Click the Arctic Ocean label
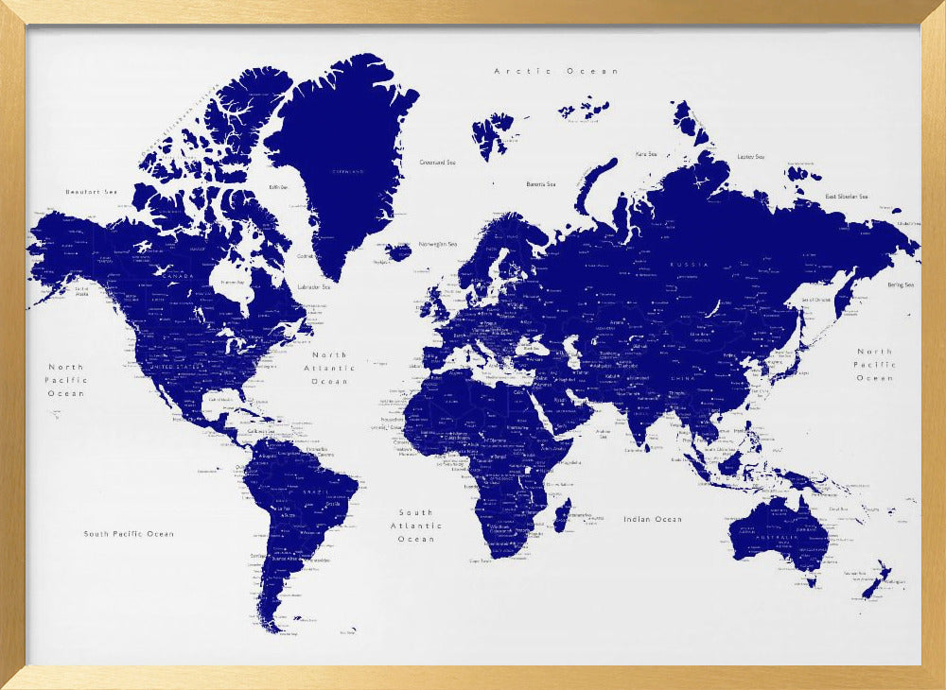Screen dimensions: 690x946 click(x=556, y=71)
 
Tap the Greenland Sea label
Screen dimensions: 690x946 click(x=437, y=163)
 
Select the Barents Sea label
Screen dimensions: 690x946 click(x=541, y=184)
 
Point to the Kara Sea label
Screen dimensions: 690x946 click(x=646, y=153)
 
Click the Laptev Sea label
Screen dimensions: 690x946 click(x=751, y=157)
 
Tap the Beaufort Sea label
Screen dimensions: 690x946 click(x=91, y=192)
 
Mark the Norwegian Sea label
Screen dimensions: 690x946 click(x=438, y=245)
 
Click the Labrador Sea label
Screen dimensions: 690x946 click(x=313, y=286)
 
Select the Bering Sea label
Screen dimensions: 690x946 click(x=901, y=285)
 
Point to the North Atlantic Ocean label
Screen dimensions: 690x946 click(x=330, y=368)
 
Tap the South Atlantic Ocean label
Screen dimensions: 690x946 click(x=416, y=526)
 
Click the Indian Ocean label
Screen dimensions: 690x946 click(x=653, y=519)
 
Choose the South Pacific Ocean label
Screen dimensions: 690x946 click(x=129, y=534)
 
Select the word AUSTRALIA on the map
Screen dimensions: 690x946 click(x=778, y=539)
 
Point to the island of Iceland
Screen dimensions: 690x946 click(x=399, y=251)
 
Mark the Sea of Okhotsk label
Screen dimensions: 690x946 click(x=815, y=300)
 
